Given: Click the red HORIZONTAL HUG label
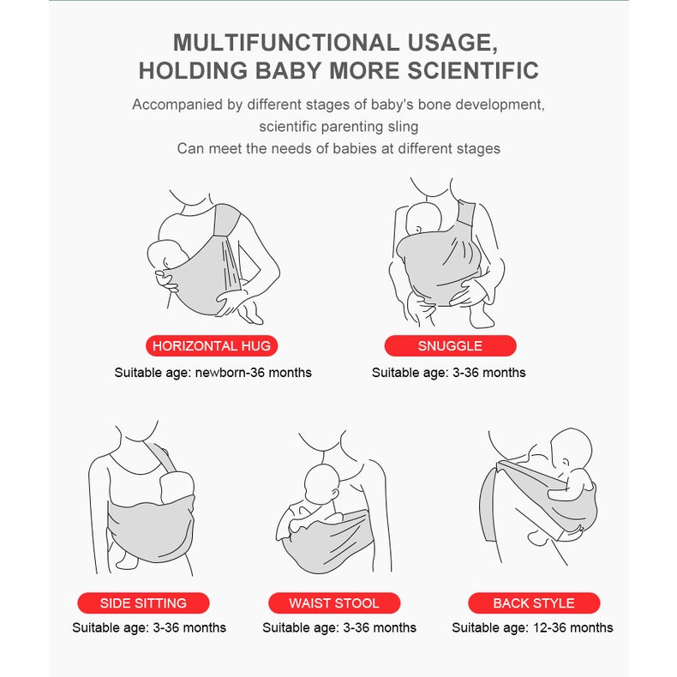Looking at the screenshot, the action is coord(212,346).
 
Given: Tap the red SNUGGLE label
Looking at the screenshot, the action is coord(450,346).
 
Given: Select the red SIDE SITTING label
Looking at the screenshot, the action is coord(143,602).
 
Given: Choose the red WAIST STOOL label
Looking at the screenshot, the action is coord(334,602).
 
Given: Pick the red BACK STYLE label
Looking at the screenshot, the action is coord(534,602).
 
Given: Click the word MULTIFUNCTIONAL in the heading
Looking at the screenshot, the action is coord(286,43).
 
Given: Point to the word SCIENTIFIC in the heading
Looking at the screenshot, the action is coord(473,71).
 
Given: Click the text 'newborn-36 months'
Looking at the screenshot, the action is coord(253,373).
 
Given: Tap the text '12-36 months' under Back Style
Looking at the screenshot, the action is coord(573,627).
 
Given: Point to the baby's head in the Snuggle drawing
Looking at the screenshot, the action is coord(423,219).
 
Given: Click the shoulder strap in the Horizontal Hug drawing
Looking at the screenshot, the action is coord(227,220).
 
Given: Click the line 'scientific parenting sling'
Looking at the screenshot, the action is coord(338,127).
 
